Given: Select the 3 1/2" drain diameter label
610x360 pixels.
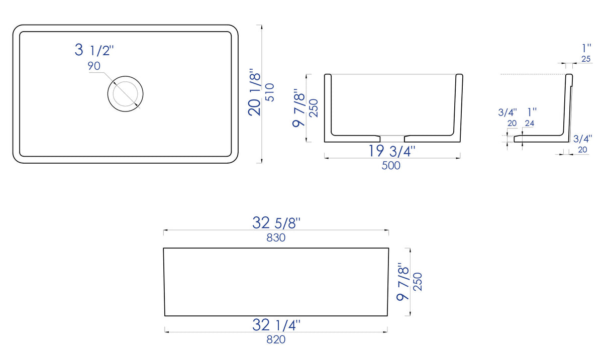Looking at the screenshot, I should pos(94,50).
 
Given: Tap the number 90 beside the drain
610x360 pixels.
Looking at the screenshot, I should pos(94,66).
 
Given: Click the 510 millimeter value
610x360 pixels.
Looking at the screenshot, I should pos(270,93).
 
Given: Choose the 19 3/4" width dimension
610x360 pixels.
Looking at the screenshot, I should pos(391,150).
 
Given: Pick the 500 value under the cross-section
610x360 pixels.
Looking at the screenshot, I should pos(391,166).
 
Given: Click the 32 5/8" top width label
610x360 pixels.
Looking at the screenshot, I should pos(276,222).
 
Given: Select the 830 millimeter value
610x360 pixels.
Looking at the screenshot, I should pos(276,237).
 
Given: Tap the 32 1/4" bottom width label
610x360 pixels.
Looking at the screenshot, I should pos(276,325).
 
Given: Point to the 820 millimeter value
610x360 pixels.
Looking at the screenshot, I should pos(276,340).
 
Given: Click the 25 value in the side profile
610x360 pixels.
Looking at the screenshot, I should pos(586,59).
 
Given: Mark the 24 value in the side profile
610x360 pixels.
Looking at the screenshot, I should pos(530,123).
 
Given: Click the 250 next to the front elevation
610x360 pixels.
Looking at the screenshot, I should pos(418,283).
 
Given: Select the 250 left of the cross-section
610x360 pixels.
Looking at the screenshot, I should pos(314,108).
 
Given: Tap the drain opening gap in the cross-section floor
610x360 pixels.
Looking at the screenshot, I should pos(392,137).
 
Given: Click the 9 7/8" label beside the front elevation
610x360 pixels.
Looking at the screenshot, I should pos(403,282).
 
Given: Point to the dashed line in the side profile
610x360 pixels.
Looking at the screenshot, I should pos(533,74).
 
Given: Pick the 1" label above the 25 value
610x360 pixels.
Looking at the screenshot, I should pos(586,48).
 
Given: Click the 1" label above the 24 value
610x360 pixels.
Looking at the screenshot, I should pos(532,112).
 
